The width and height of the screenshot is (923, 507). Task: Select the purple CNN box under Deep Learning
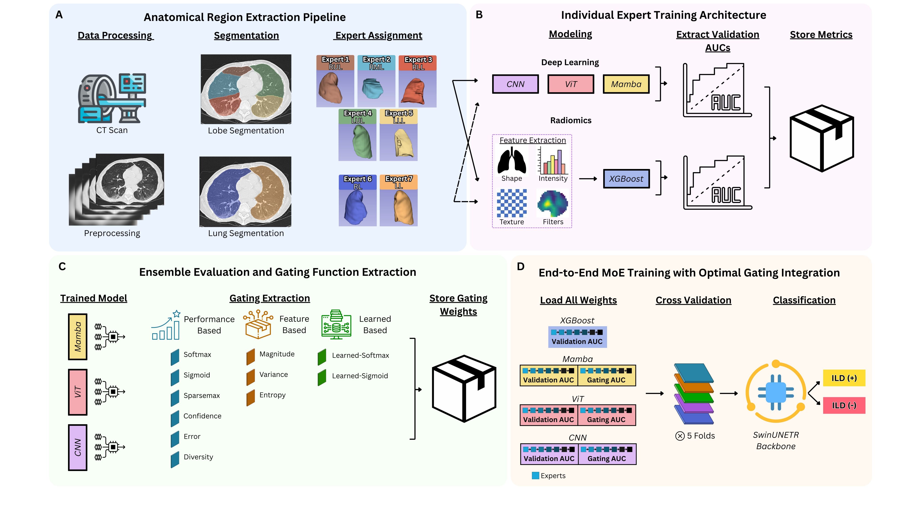point(515,84)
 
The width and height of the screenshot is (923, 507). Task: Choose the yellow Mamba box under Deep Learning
point(626,84)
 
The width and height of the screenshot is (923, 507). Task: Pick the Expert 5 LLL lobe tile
point(398,135)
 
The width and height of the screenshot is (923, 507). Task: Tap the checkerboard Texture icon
point(512,203)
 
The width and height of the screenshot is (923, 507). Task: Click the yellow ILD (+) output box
point(844,378)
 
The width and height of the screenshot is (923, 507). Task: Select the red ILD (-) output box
point(844,405)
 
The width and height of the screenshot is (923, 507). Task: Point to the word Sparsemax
point(202,396)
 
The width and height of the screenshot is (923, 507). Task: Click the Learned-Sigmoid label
point(360,376)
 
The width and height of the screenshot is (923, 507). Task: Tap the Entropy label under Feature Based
point(272,395)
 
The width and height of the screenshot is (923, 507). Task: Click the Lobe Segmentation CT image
point(246,89)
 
